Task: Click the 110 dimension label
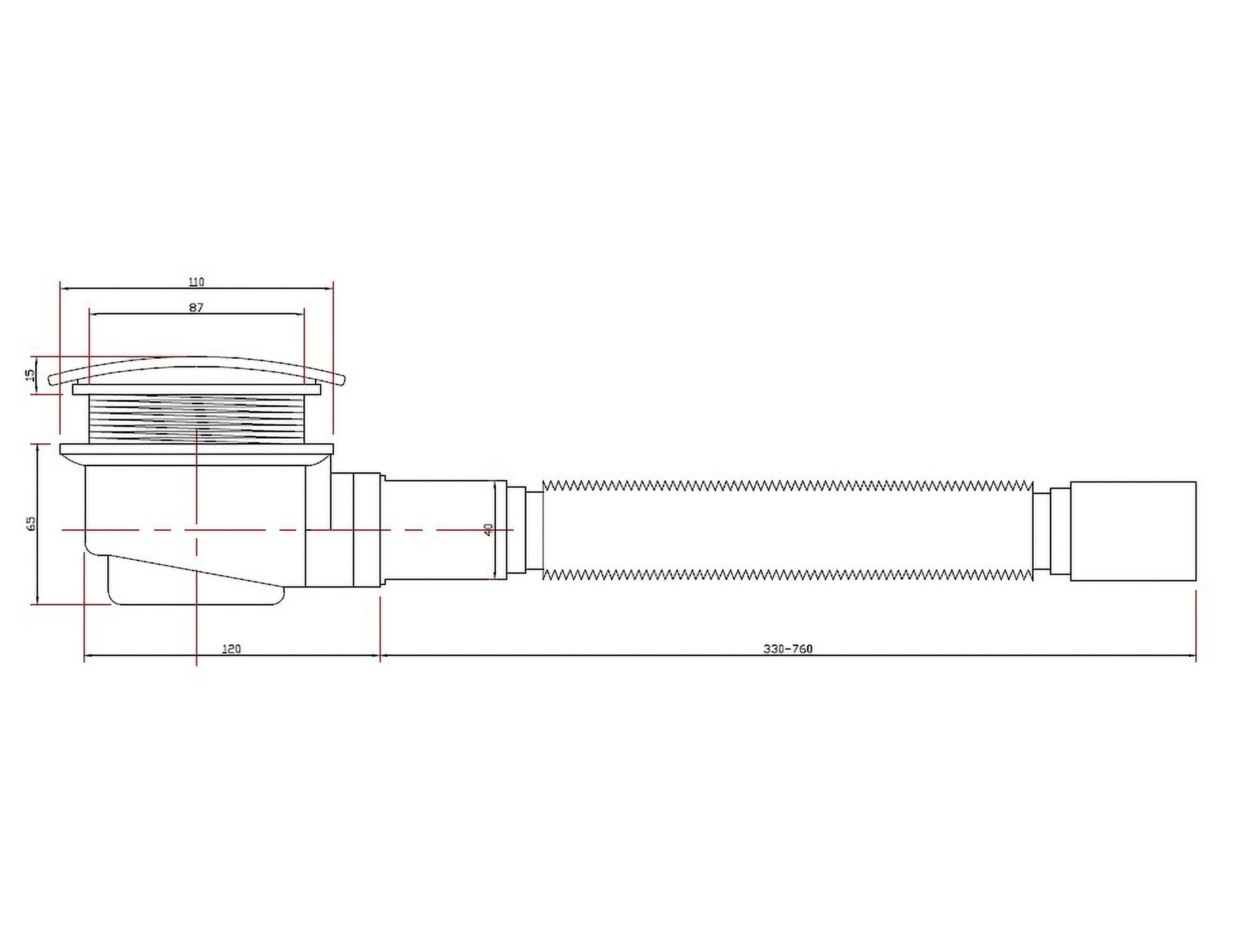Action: tap(196, 282)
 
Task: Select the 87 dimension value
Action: tap(197, 307)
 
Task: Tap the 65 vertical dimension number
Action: tap(32, 523)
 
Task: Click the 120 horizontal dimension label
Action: tap(231, 649)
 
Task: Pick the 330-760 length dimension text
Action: tap(787, 649)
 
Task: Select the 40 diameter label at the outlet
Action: tap(488, 529)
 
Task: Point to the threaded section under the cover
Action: tap(197, 419)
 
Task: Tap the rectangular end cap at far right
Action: tap(1133, 531)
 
